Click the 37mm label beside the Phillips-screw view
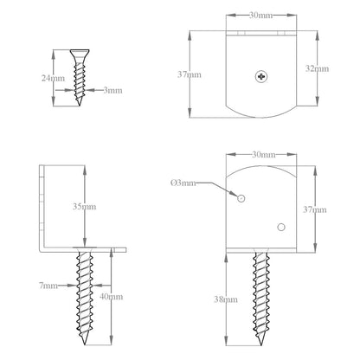point(190,74)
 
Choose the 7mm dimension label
point(48,285)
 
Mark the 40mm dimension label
point(112,296)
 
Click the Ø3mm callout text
point(183,183)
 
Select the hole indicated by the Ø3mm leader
point(241,198)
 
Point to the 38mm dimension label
point(227,299)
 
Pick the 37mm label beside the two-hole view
point(314,209)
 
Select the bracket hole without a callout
point(280,227)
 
